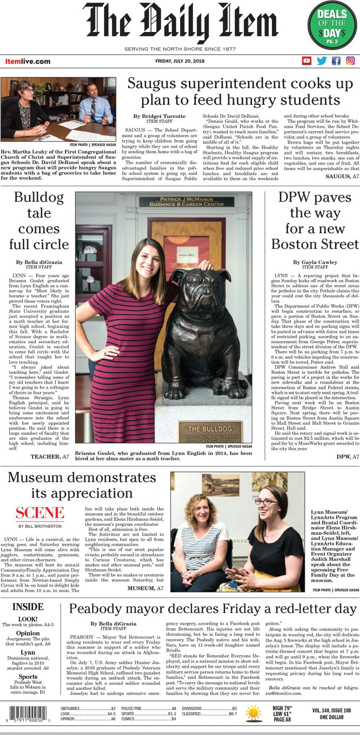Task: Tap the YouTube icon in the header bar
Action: click(307, 61)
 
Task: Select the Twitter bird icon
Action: click(322, 61)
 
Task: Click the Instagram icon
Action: click(350, 61)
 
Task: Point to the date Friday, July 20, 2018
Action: click(180, 61)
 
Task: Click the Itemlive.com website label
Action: click(28, 61)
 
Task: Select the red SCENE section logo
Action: click(40, 513)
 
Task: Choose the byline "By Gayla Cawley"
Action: click(315, 262)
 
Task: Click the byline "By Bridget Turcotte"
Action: click(159, 116)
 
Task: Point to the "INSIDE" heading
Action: click(28, 607)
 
